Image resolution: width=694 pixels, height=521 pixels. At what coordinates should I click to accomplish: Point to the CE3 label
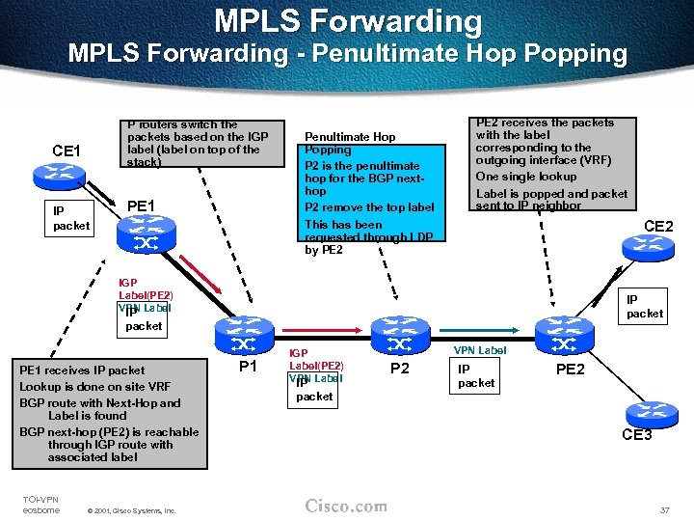point(636,435)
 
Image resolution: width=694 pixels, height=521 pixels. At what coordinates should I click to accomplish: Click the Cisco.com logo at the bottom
point(346,507)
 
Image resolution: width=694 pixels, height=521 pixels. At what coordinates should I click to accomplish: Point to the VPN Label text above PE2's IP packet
point(479,351)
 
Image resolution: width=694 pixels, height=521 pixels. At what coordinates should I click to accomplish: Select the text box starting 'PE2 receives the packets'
point(551,163)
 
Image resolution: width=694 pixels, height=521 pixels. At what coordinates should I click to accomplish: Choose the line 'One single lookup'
point(526,177)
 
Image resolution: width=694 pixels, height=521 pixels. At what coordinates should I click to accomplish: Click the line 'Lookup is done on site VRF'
point(88,386)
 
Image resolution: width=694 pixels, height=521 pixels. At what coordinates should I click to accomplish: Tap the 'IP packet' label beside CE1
point(70,219)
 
